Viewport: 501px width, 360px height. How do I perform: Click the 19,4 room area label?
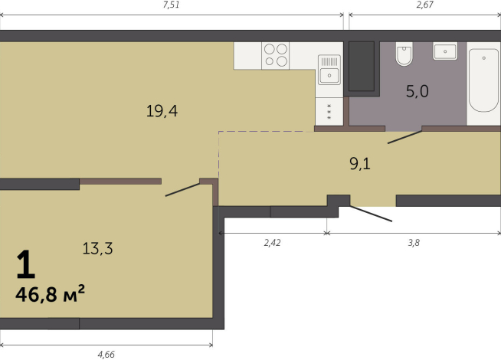162,111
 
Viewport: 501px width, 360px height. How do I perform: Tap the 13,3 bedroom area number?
97,248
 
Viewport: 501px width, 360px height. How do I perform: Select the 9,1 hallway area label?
360,164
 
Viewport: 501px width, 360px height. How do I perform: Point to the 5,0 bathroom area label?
417,91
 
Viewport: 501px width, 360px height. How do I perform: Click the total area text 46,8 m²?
50,294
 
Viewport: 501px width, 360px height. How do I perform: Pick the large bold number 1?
25,264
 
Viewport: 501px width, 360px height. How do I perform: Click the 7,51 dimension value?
171,5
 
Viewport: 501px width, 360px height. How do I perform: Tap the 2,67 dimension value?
424,5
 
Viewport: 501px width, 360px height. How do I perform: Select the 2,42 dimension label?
272,243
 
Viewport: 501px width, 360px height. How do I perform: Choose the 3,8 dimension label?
414,243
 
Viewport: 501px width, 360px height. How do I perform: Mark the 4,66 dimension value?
106,355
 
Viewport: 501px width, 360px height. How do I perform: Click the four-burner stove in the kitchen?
276,56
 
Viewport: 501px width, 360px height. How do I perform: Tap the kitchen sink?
329,70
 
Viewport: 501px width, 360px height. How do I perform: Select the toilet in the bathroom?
404,54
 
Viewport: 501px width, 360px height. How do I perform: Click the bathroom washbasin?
445,51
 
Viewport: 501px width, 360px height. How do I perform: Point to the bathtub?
483,80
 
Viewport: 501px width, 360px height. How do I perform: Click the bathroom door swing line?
404,137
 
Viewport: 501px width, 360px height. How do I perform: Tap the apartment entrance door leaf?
371,214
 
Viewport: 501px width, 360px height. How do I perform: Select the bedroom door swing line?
182,190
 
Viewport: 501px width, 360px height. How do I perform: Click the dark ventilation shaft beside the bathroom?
362,67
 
